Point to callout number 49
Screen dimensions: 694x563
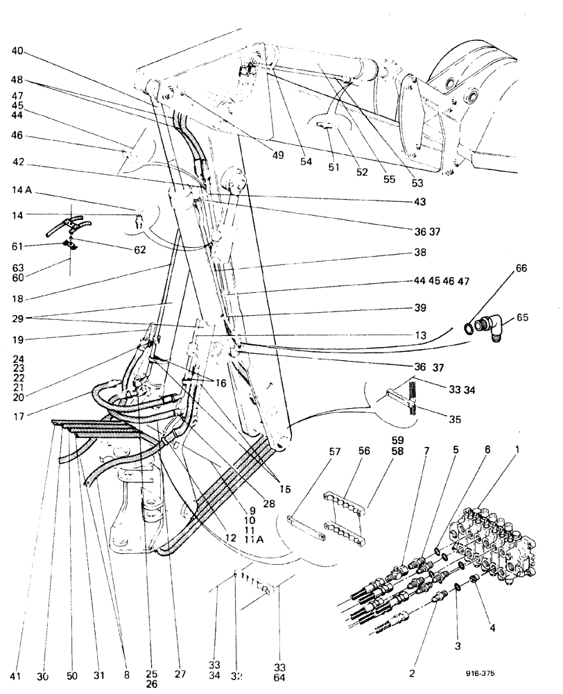tap(278, 155)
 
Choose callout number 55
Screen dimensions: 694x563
tap(390, 178)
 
